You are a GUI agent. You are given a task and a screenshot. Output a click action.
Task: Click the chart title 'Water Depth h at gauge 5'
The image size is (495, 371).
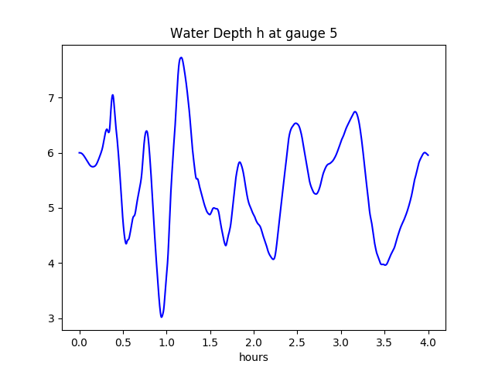254,34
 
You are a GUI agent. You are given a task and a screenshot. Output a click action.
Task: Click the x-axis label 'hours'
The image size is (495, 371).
254,358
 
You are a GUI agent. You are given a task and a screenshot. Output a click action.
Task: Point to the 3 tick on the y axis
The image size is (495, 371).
51,318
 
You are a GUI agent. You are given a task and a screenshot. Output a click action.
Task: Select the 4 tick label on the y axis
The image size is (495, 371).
51,264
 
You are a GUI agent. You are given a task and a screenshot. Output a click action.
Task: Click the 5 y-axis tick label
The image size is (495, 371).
51,208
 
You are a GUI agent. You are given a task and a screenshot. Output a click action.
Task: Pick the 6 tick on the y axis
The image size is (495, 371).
51,153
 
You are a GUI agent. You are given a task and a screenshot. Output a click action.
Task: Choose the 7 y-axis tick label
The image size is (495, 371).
51,98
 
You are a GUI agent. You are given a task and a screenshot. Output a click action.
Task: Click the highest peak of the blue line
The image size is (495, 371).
181,57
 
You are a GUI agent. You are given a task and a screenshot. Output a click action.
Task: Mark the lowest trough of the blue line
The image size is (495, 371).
162,317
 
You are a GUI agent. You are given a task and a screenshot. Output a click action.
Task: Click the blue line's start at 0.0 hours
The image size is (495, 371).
80,153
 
